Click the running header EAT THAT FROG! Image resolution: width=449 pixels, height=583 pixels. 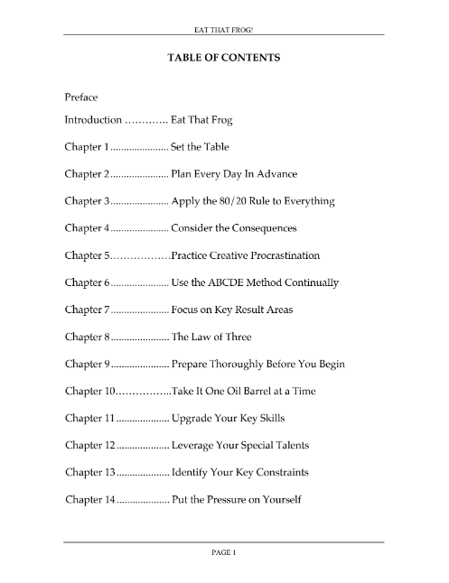point(224,27)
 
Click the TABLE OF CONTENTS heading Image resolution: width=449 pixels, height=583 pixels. point(224,57)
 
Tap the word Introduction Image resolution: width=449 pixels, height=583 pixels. point(93,120)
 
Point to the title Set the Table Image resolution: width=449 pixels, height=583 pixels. point(201,146)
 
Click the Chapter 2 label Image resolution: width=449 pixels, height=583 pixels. point(88,173)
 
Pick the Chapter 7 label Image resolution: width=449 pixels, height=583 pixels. point(88,310)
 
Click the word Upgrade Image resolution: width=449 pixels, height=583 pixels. point(195,419)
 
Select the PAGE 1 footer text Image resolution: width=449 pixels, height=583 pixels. point(224,552)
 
